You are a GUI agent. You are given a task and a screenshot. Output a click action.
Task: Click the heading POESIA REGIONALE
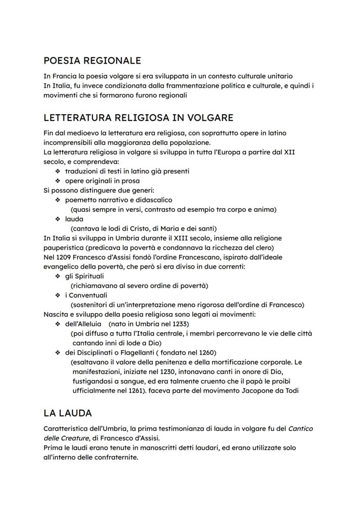(92, 60)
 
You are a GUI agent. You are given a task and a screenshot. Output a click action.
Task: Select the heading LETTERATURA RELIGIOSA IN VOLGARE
(138, 118)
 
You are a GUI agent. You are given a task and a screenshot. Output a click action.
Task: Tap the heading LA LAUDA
(67, 412)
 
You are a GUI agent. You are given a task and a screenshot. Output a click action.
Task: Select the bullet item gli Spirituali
(84, 276)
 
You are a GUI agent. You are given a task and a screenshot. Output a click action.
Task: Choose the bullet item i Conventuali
(86, 295)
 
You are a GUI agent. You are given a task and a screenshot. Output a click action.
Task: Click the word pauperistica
(64, 248)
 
